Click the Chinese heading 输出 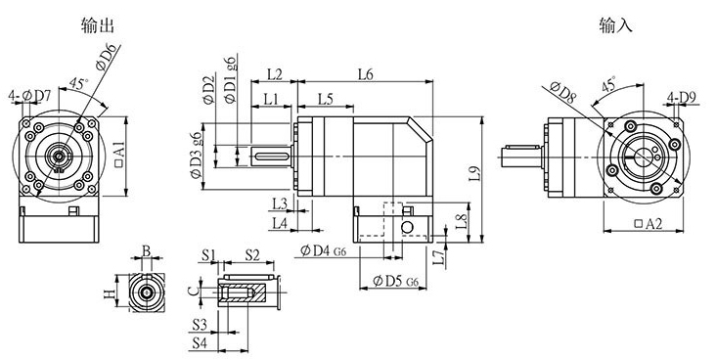(x=97, y=25)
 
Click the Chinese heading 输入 (x=615, y=25)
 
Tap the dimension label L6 (x=365, y=74)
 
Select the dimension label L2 (x=275, y=74)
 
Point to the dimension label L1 (x=271, y=99)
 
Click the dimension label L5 (x=326, y=99)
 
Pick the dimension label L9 (x=475, y=174)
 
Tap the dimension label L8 (x=462, y=222)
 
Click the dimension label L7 (x=438, y=257)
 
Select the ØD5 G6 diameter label (x=395, y=281)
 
